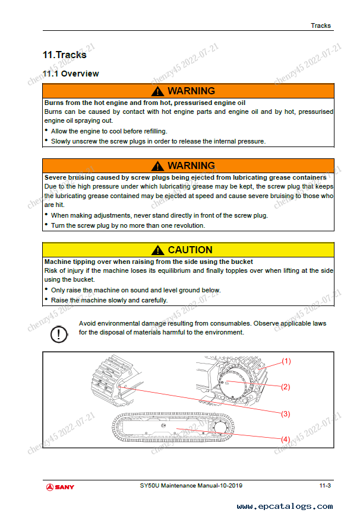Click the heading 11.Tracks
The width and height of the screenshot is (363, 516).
tap(64, 55)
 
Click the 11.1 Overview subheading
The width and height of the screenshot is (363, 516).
tap(71, 74)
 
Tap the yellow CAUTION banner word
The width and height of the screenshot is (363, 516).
tap(190, 250)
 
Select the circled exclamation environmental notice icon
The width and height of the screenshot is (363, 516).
tap(58, 334)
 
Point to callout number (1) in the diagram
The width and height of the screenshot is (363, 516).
tap(286, 361)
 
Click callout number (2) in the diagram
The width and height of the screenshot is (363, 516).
tap(286, 387)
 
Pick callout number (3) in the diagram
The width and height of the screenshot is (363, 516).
tap(286, 413)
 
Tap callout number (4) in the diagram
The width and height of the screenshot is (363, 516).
tap(286, 439)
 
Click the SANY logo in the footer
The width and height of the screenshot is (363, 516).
tap(61, 487)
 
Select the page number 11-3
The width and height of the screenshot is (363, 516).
tap(325, 486)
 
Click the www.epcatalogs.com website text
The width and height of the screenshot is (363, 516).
tap(285, 507)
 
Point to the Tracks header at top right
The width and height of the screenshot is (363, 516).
tap(321, 26)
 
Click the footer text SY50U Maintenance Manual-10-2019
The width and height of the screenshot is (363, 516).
tap(187, 486)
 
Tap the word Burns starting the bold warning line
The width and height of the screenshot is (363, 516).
tap(55, 103)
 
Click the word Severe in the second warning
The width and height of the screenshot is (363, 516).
tap(57, 177)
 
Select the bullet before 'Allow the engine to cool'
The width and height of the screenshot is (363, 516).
tap(47, 130)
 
